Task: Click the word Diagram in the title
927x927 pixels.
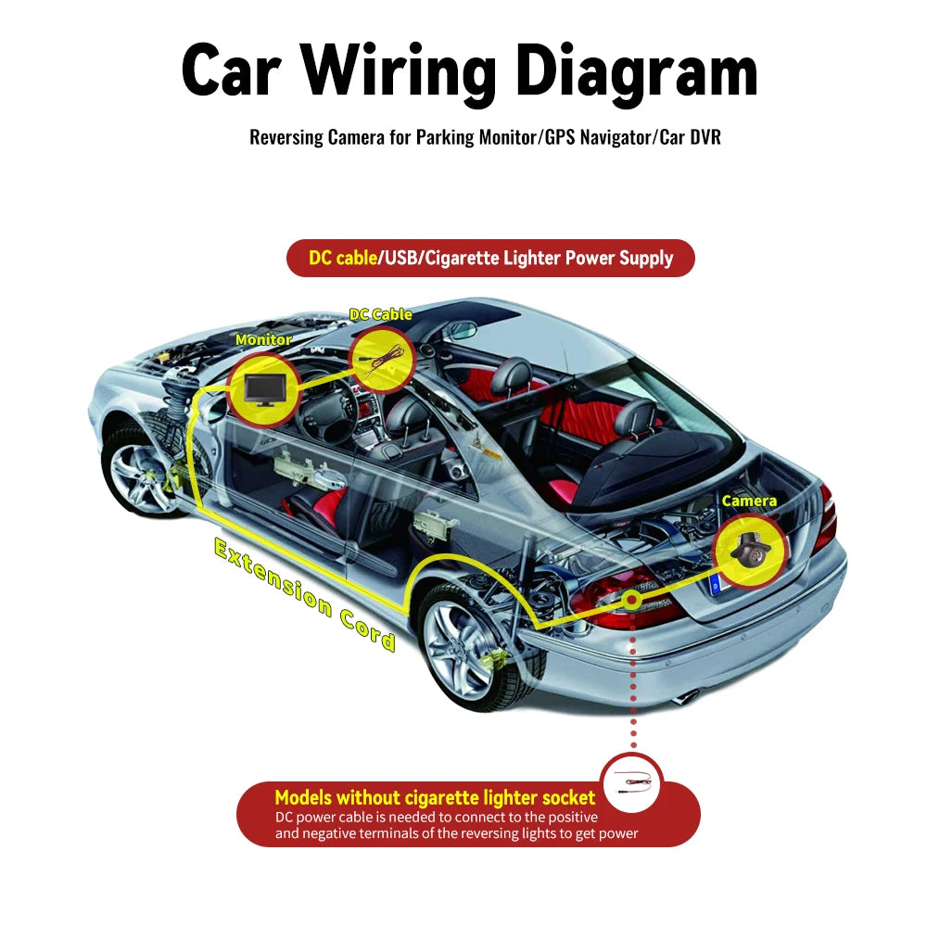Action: [637, 72]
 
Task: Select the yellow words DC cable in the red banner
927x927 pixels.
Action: [343, 258]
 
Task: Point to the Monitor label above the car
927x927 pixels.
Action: [263, 339]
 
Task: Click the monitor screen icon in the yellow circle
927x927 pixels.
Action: [264, 389]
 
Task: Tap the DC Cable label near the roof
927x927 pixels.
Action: [381, 314]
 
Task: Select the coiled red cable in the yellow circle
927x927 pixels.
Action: [382, 361]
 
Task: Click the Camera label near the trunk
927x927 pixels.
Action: [749, 501]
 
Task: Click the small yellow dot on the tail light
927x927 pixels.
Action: [632, 601]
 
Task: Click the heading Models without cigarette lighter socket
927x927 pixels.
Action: [435, 797]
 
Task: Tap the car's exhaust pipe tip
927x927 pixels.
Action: [685, 698]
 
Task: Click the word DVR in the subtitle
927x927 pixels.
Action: [706, 137]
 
